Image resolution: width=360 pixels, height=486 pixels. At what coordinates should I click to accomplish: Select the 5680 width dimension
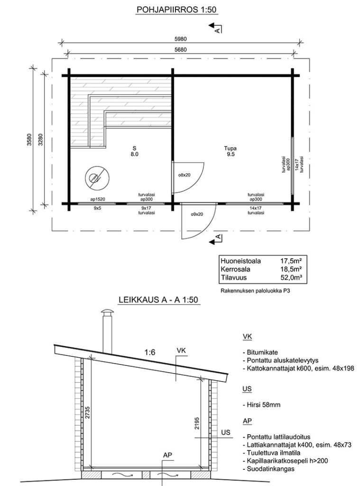coord(180,49)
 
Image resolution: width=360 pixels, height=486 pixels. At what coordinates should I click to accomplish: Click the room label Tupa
coord(231,148)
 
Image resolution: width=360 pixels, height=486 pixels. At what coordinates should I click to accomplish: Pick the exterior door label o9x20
coord(196,214)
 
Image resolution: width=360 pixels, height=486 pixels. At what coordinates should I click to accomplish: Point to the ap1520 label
coord(97,200)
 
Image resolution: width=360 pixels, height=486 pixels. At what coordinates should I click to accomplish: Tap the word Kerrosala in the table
coord(234,269)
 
